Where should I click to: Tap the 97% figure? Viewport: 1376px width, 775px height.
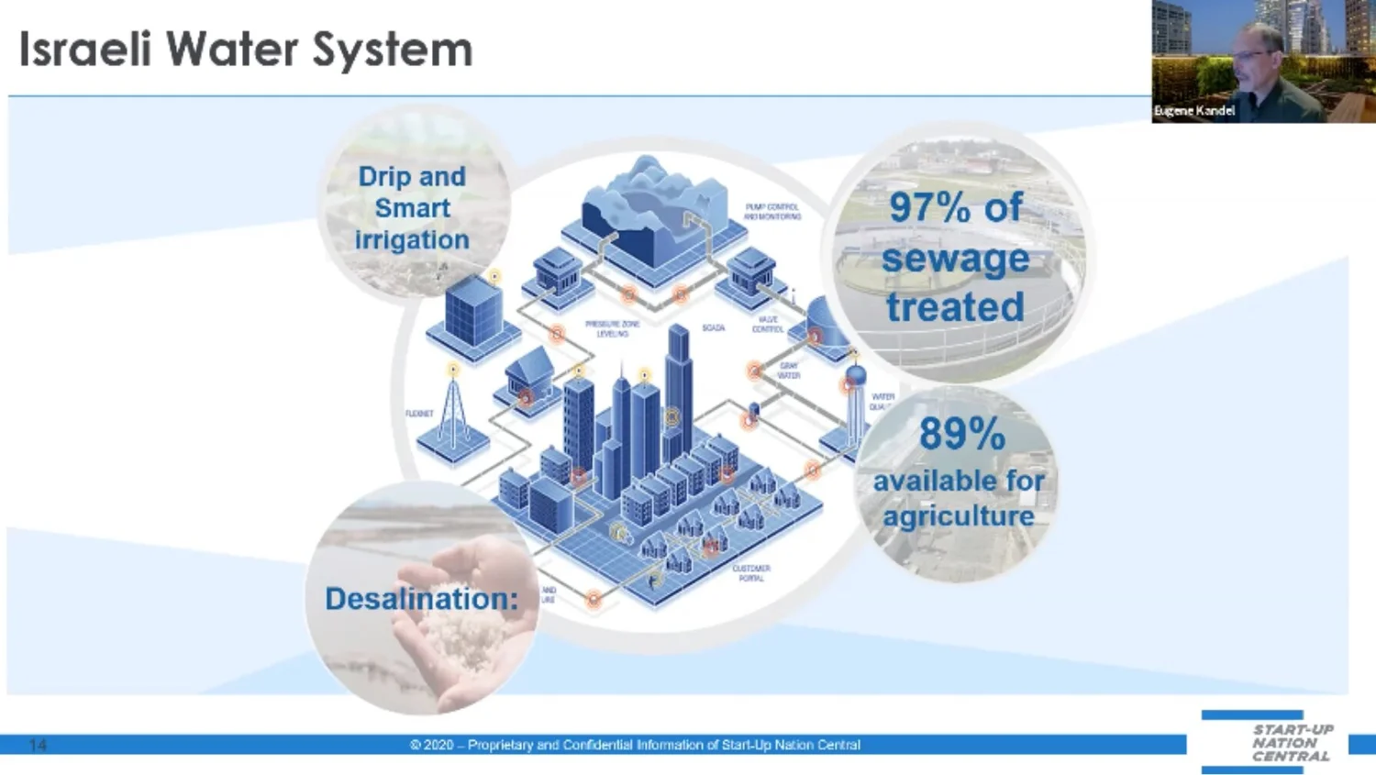pos(929,207)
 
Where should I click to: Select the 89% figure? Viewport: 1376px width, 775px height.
pos(962,434)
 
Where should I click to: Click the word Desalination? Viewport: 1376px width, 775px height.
pos(421,599)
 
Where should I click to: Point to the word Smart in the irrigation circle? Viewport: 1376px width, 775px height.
pos(412,208)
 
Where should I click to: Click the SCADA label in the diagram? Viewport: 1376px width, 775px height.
pos(713,327)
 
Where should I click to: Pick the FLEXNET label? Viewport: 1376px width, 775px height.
pos(419,414)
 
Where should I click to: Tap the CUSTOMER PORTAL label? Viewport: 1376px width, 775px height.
pos(751,573)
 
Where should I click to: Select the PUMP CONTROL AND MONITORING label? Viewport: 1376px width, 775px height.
pos(772,212)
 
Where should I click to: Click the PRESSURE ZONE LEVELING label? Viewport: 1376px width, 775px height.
pos(612,328)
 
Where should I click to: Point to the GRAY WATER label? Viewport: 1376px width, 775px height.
pos(789,371)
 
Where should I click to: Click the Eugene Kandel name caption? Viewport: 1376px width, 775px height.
pos(1194,111)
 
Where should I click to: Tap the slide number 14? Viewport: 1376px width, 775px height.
pos(38,745)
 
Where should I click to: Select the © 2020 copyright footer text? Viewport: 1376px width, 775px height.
pos(635,745)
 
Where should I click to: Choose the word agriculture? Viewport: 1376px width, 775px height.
pos(959,516)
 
